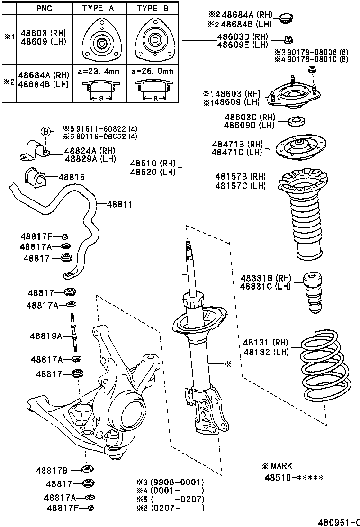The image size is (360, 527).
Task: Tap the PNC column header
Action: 45,9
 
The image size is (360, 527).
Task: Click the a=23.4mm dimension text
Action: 99,72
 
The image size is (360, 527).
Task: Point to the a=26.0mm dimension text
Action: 152,72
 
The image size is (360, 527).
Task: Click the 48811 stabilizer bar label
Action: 119,204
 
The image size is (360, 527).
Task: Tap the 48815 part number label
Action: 71,177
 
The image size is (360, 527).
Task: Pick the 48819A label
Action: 46,336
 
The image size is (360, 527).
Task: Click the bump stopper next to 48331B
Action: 312,293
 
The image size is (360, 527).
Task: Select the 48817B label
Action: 52,471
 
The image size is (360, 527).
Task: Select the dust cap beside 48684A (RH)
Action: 285,18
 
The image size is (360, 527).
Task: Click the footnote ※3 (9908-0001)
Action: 170,482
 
